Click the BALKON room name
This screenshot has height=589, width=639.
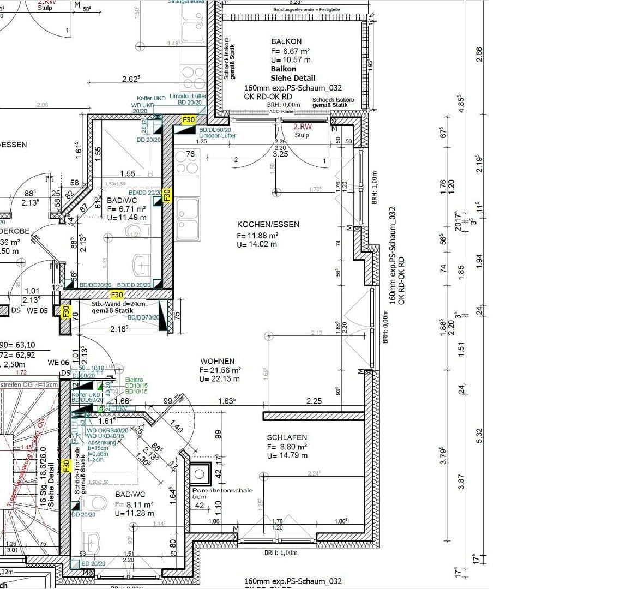pyautogui.click(x=286, y=41)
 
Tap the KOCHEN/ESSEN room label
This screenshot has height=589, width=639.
pyautogui.click(x=268, y=225)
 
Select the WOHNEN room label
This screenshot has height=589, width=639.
pyautogui.click(x=218, y=361)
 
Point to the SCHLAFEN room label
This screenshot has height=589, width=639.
pyautogui.click(x=287, y=437)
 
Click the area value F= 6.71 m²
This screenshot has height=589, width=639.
pyautogui.click(x=126, y=209)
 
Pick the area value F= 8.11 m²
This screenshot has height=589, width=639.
pyautogui.click(x=134, y=504)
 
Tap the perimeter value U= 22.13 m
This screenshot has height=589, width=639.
pyautogui.click(x=220, y=379)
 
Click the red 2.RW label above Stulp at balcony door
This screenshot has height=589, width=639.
pyautogui.click(x=303, y=127)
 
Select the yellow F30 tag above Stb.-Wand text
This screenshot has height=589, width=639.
pyautogui.click(x=117, y=295)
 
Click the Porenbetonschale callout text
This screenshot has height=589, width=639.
pyautogui.click(x=222, y=490)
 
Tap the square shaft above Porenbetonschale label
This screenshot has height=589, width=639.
pyautogui.click(x=200, y=473)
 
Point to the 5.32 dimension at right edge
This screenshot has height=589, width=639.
pyautogui.click(x=479, y=435)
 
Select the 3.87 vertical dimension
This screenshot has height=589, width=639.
pyautogui.click(x=461, y=481)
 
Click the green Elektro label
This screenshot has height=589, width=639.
pyautogui.click(x=134, y=380)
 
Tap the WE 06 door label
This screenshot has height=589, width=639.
pyautogui.click(x=58, y=363)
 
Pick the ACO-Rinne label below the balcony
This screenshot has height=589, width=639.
pyautogui.click(x=282, y=112)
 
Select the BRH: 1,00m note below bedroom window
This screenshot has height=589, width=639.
pyautogui.click(x=281, y=552)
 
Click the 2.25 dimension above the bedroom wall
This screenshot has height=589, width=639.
pyautogui.click(x=314, y=401)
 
